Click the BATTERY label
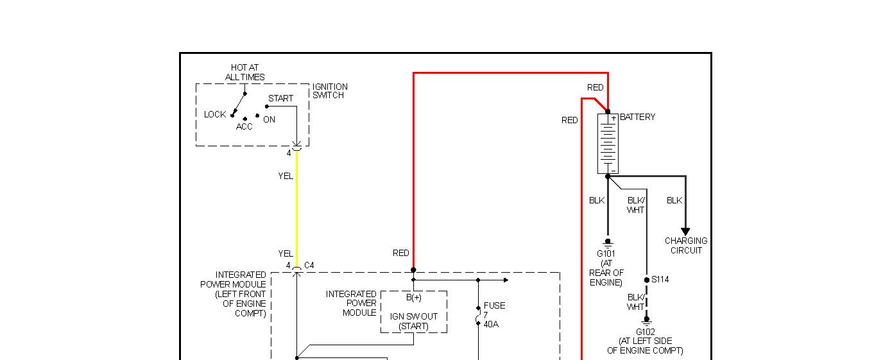[x=637, y=117]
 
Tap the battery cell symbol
[x=608, y=144]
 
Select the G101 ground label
[x=606, y=254]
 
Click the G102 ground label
[x=646, y=332]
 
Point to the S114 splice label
[x=660, y=280]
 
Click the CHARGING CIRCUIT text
[x=686, y=246]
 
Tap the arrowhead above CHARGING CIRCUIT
[x=685, y=232]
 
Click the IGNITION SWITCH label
[x=330, y=91]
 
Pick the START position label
[x=280, y=99]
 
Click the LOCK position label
[x=215, y=115]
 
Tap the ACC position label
[x=244, y=127]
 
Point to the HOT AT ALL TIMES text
[x=244, y=73]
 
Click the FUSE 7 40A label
[x=493, y=315]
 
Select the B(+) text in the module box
[x=413, y=298]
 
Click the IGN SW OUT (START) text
[x=413, y=321]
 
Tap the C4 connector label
[x=309, y=266]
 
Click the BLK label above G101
[x=597, y=201]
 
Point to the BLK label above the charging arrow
[x=674, y=201]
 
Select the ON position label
[x=269, y=120]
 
